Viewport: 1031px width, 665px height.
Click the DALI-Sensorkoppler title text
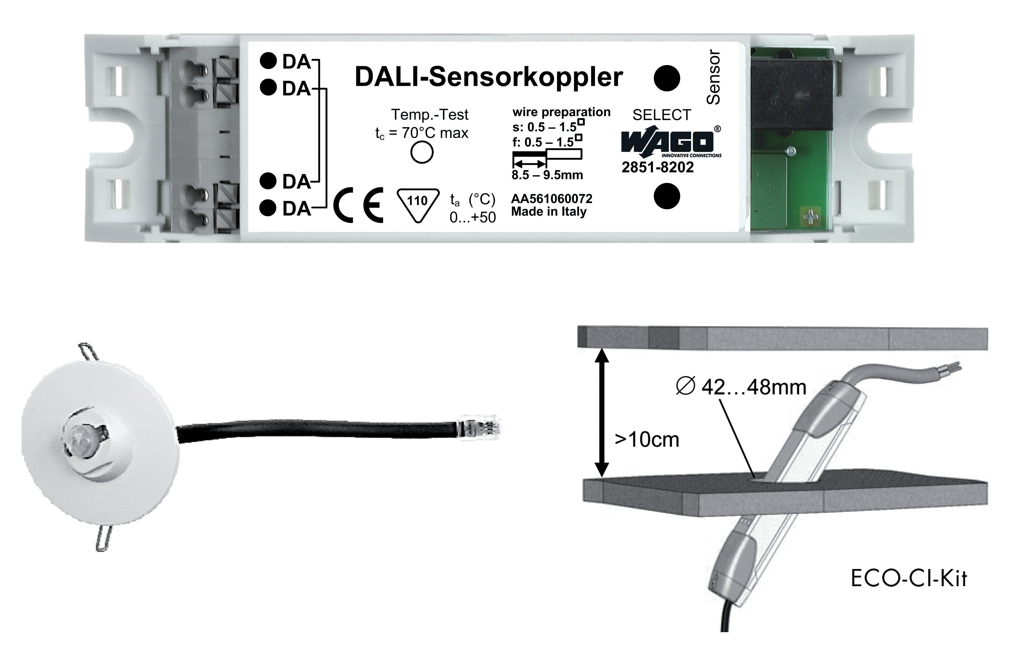coord(488,77)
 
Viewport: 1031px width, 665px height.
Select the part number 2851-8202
coord(658,167)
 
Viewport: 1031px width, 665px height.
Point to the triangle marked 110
coord(418,205)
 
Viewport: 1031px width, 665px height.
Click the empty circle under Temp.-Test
coord(422,152)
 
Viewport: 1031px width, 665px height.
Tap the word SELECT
coord(661,115)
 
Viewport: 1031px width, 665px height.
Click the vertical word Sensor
coord(713,77)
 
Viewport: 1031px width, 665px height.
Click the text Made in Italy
coord(549,212)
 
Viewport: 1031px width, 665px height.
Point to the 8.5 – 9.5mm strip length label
coord(547,175)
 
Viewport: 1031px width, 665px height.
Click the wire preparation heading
coord(561,112)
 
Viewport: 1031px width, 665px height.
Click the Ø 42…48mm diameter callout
coord(741,387)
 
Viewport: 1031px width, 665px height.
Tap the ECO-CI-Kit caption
coord(909,578)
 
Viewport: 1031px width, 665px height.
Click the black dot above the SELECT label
coord(667,78)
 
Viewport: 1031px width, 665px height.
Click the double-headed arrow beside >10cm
coord(602,412)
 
